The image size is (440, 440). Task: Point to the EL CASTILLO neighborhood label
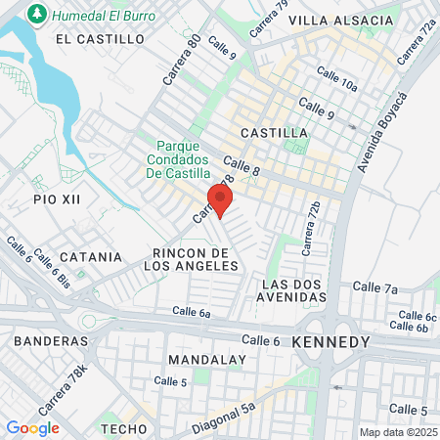(x=100, y=39)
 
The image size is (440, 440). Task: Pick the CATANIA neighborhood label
(x=91, y=257)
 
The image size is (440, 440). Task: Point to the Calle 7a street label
(x=375, y=287)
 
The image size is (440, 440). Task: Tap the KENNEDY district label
(x=330, y=342)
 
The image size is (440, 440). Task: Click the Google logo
(x=32, y=427)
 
